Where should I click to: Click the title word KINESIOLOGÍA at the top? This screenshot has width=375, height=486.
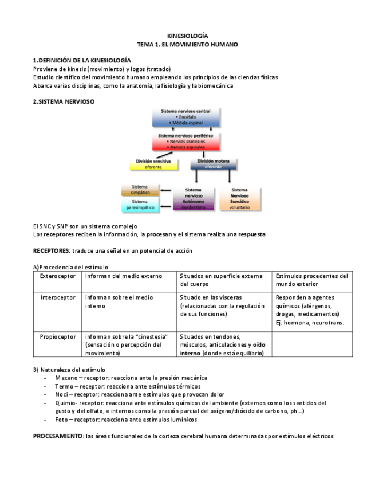coord(187,36)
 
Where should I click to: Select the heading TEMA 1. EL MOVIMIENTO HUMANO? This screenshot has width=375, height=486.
coord(187,44)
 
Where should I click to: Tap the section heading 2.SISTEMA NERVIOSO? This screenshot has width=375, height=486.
coord(64,101)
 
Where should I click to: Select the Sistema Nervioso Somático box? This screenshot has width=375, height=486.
coord(239,198)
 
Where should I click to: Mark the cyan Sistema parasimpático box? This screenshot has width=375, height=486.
coord(140,205)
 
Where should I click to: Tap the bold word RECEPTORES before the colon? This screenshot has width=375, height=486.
coord(51,251)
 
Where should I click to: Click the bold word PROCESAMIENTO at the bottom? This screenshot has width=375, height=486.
coord(58,436)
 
